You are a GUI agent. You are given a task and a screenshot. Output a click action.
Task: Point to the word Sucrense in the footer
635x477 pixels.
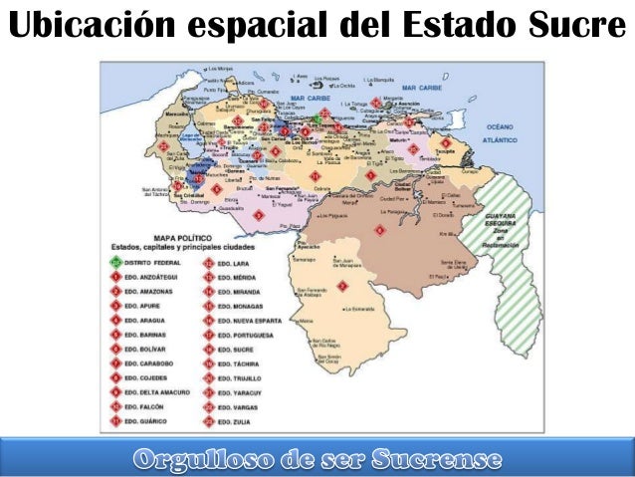coord(438,459)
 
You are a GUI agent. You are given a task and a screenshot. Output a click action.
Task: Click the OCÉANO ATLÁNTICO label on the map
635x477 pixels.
coord(501,132)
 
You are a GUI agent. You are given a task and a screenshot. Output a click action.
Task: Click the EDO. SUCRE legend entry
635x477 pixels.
coord(240,351)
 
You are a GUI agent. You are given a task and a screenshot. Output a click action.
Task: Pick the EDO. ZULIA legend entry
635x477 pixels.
coord(239,423)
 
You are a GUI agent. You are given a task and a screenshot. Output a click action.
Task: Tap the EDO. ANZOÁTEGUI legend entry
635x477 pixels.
coord(159,277)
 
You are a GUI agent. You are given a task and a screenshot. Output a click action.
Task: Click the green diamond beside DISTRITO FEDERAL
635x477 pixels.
coord(116,262)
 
